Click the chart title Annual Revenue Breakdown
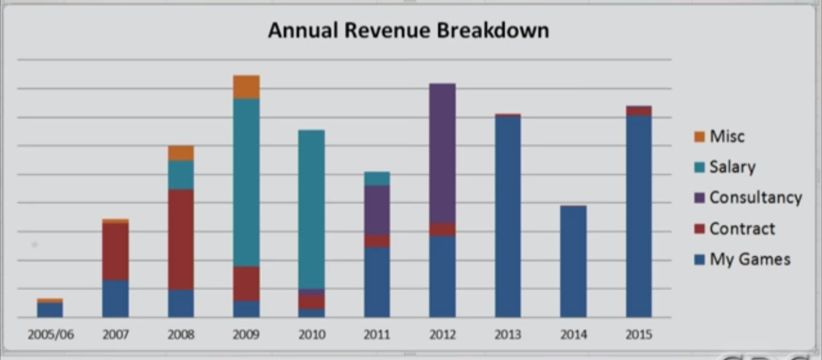pos(408,30)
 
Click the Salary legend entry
pos(732,167)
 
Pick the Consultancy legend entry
pos(755,198)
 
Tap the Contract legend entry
pos(741,229)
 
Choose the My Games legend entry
pos(749,259)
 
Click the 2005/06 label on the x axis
pos(50,335)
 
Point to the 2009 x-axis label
pos(245,335)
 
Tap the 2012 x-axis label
pos(441,335)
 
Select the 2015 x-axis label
pos(639,335)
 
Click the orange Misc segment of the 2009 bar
pos(246,87)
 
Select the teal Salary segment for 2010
pos(311,209)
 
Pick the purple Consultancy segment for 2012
pos(442,153)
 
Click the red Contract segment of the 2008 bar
pos(180,239)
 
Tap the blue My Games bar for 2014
pos(573,261)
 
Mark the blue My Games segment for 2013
pos(508,216)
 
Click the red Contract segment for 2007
pos(115,252)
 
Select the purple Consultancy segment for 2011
pos(376,210)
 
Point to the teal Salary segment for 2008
pos(180,175)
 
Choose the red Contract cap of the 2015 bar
pos(639,111)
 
